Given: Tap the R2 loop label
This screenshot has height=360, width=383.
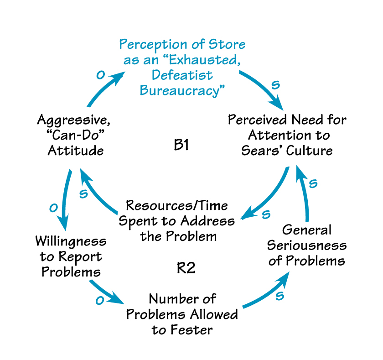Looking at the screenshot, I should tap(186, 268).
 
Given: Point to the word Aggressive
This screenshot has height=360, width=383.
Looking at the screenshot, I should tap(73, 121).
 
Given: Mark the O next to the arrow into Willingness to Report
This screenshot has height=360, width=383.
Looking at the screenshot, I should tap(53, 209).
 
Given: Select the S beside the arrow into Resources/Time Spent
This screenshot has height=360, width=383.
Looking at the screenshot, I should tap(266, 214).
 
